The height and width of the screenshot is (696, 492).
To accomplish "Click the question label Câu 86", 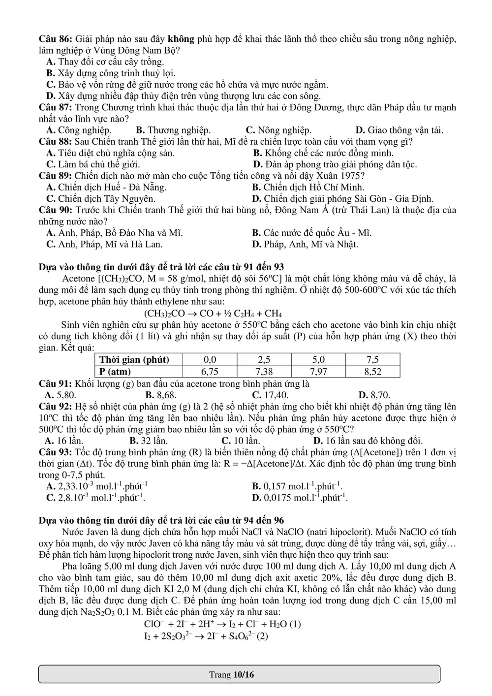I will (55, 39).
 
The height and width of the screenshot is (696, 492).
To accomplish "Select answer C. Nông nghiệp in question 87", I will (278, 130).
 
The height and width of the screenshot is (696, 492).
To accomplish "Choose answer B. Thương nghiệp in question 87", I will (173, 130).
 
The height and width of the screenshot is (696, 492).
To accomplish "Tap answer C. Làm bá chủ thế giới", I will (93, 164).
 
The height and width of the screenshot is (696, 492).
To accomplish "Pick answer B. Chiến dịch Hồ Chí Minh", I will (308, 187).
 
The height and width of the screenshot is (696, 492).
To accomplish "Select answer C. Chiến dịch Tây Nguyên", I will (101, 199).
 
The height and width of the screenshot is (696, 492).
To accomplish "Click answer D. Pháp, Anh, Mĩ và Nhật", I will (305, 244).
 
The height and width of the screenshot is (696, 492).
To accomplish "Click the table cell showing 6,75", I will (210, 372).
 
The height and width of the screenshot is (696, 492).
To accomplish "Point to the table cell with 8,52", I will (372, 372).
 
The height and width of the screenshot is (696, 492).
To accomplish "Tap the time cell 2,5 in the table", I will (264, 360).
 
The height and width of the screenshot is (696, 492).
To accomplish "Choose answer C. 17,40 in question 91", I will (270, 395).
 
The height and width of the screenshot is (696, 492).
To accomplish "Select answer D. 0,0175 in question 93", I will (300, 498).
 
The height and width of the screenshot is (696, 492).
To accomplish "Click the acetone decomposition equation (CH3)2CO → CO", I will (213, 314).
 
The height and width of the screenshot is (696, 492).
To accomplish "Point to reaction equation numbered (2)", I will (206, 636).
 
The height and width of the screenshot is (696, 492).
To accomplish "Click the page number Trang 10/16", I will (231, 674).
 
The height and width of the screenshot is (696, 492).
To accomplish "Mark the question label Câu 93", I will (55, 452).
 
